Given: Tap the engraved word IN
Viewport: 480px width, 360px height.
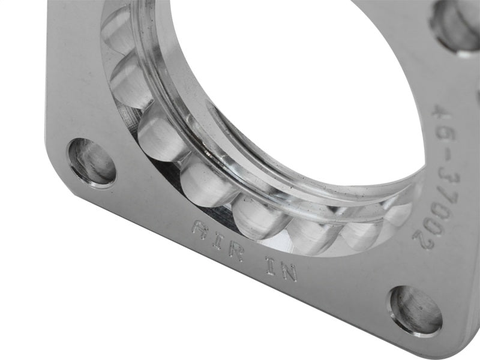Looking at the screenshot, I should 281,268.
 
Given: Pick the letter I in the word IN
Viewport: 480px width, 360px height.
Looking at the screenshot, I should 269,264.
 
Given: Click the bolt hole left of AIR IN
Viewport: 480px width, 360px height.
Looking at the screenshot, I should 92,161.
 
